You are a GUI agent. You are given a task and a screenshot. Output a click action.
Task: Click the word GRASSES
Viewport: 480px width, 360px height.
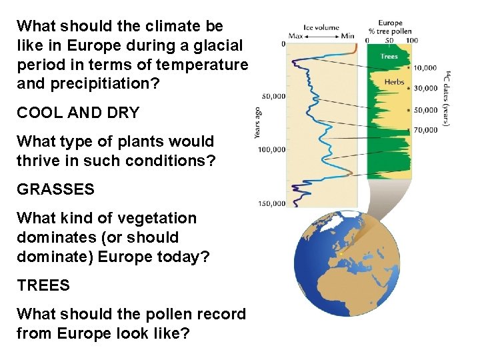click(55, 189)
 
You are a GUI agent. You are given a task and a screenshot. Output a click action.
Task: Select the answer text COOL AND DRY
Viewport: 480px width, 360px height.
click(78, 113)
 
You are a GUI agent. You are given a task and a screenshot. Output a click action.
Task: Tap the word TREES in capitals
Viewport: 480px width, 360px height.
click(43, 285)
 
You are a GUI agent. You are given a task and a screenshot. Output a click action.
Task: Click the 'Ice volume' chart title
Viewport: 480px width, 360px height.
click(321, 27)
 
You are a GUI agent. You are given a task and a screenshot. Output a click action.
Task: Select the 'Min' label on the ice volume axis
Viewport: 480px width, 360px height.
click(347, 35)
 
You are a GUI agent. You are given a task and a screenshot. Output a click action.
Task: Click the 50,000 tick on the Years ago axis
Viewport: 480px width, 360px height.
click(273, 96)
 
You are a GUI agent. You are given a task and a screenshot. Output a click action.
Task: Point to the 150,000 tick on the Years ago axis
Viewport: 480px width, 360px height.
click(272, 203)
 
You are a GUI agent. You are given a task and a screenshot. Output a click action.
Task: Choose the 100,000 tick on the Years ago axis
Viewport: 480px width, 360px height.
click(272, 149)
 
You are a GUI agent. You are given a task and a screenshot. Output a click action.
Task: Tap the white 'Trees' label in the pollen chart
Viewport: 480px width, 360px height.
click(389, 57)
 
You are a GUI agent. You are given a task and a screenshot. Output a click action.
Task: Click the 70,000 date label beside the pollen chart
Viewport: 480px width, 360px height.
click(425, 130)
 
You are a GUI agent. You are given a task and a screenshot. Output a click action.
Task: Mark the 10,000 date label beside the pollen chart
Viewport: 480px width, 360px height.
click(425, 68)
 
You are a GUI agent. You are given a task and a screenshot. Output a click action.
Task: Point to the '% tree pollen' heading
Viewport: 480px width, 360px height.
click(390, 31)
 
